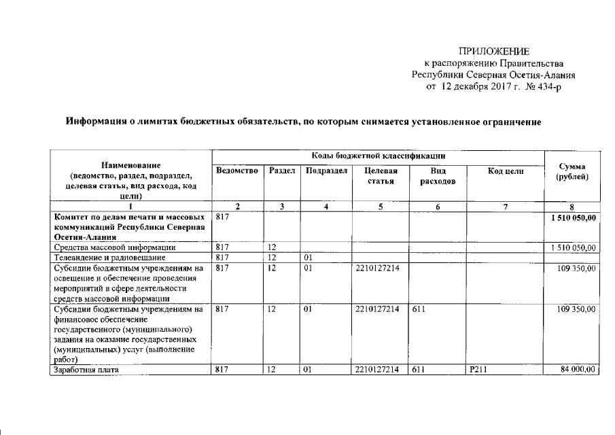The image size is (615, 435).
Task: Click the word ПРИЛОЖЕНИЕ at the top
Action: pyautogui.click(x=494, y=51)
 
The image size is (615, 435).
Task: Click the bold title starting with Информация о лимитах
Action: pyautogui.click(x=303, y=122)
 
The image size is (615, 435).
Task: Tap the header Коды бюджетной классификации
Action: pyautogui.click(x=379, y=156)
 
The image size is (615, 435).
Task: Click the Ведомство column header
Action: pyautogui.click(x=237, y=171)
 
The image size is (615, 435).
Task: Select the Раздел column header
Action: pyautogui.click(x=282, y=171)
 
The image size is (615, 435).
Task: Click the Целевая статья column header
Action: pyautogui.click(x=381, y=176)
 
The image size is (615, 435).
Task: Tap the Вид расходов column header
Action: pyautogui.click(x=438, y=176)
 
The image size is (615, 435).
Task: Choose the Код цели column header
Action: pyautogui.click(x=506, y=171)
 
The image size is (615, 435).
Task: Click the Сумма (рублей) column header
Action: pyautogui.click(x=572, y=171)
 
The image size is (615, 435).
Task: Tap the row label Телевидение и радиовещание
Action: pyautogui.click(x=101, y=258)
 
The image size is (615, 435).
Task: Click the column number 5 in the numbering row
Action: pyautogui.click(x=381, y=207)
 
